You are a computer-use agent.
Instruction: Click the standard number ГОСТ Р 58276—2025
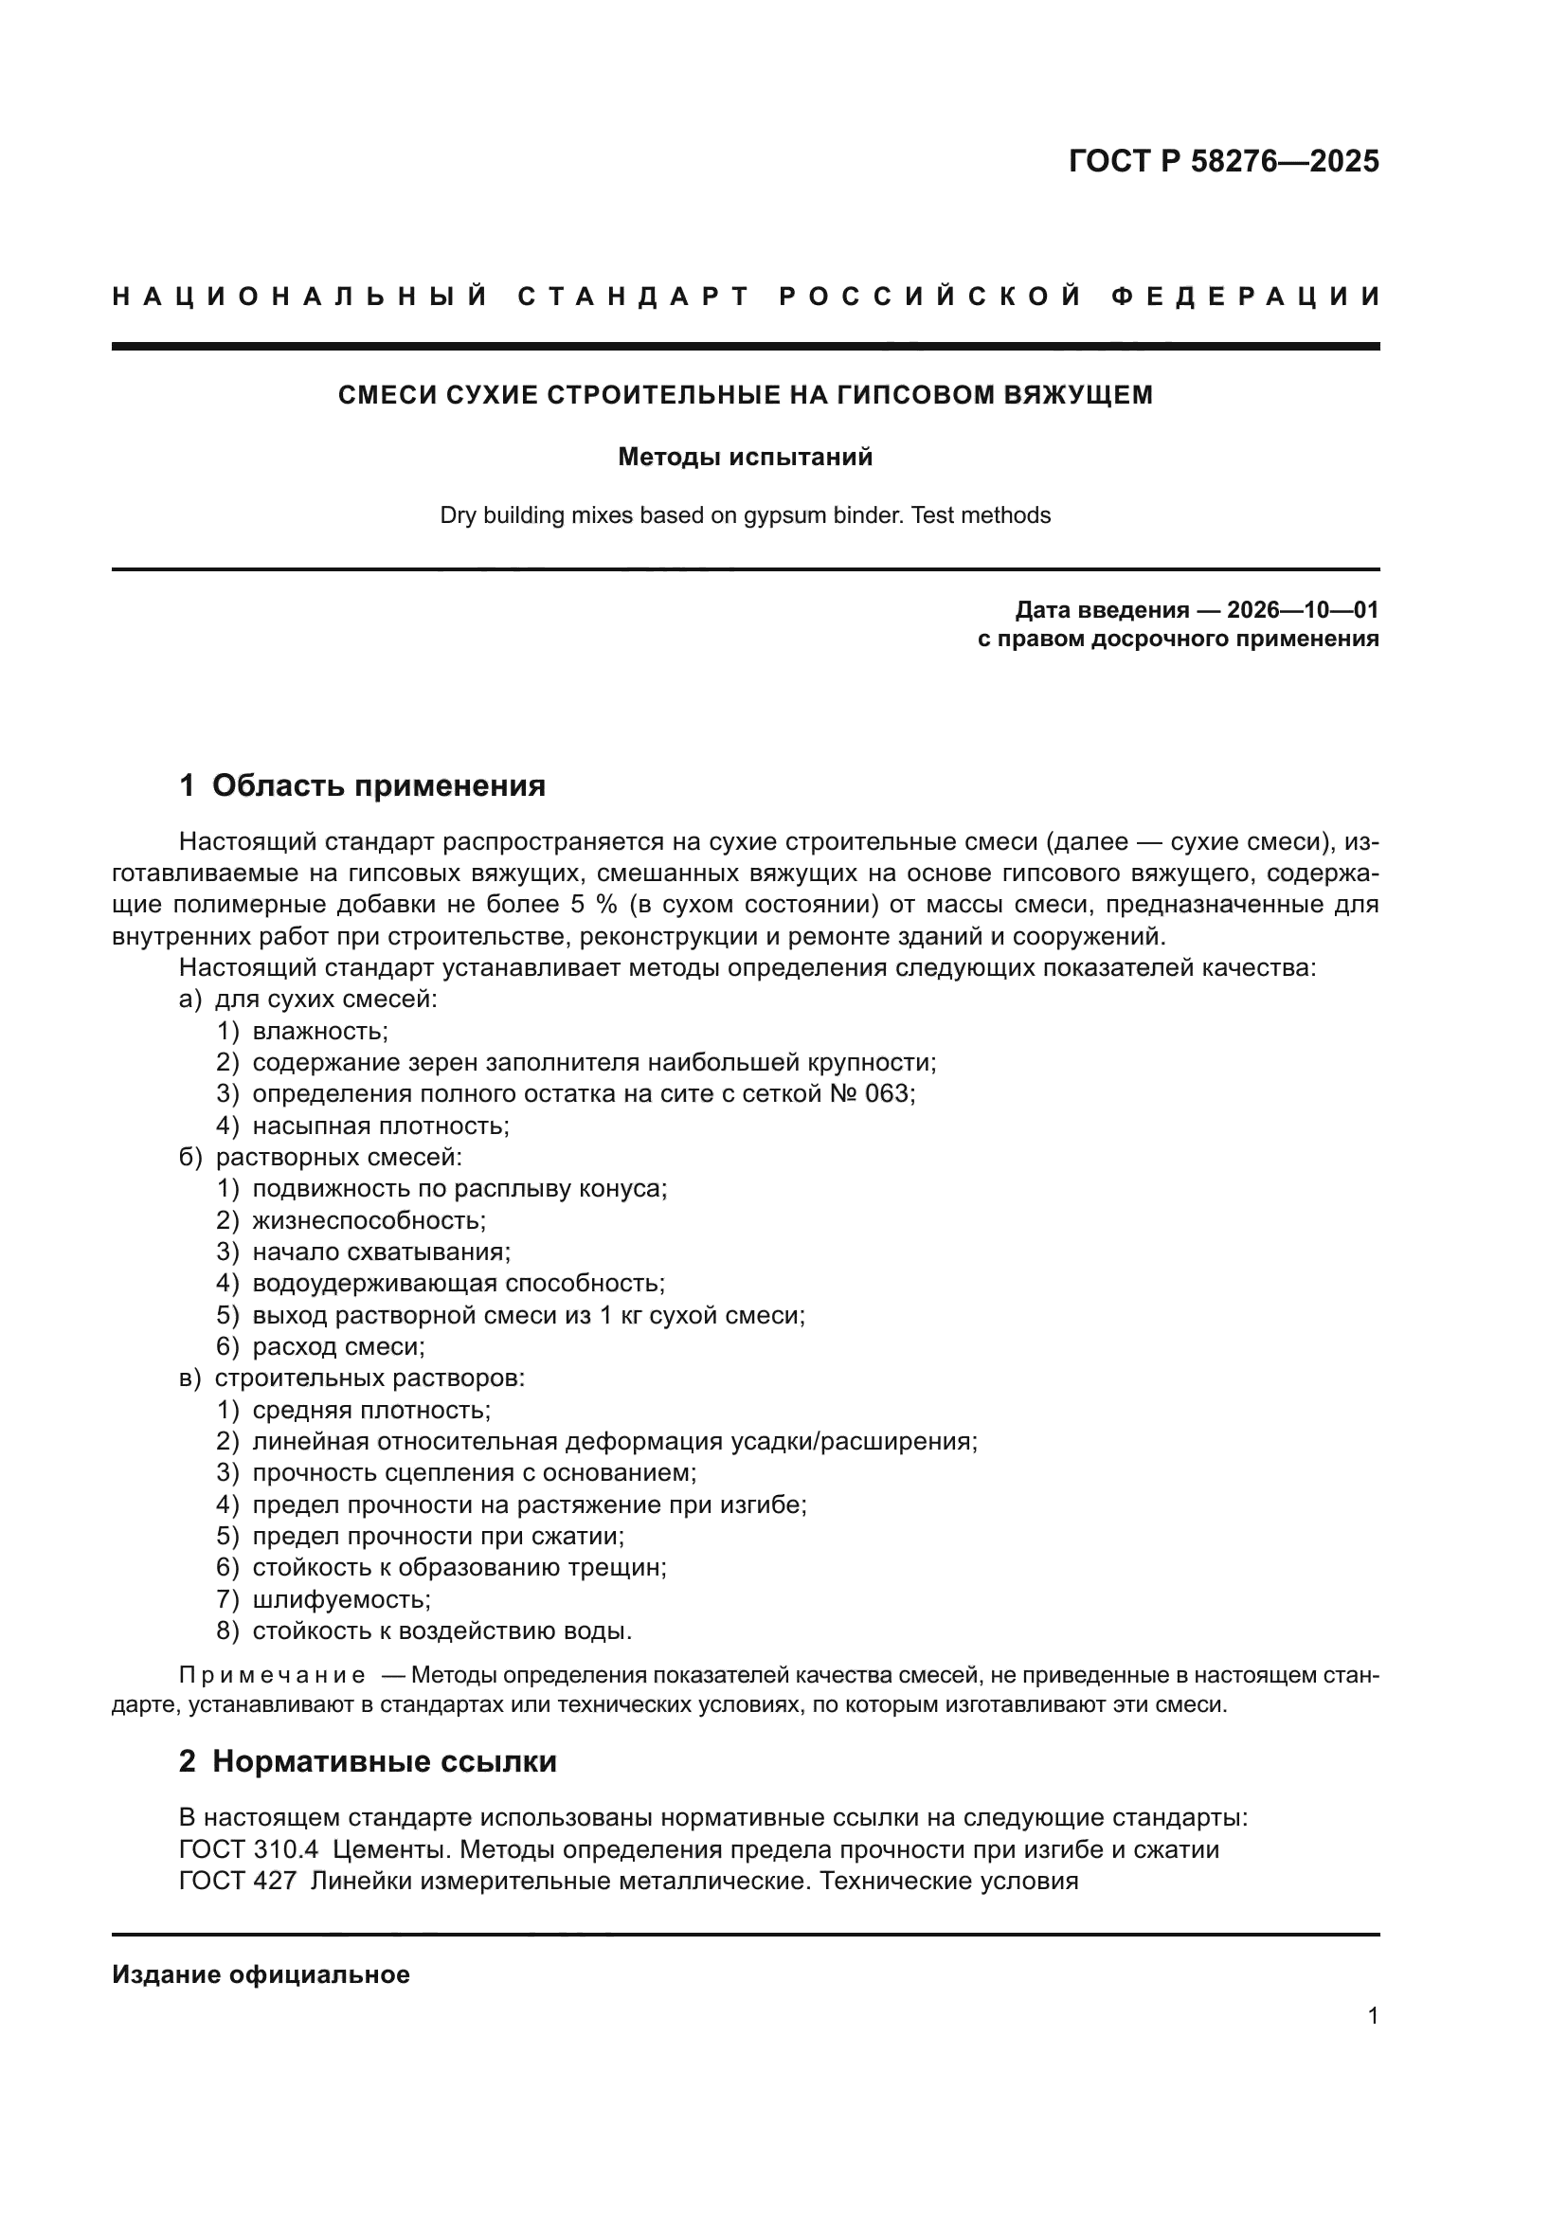(x=1222, y=160)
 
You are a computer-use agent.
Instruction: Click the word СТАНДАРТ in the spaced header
(x=634, y=297)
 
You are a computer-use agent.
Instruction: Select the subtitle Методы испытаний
(x=745, y=457)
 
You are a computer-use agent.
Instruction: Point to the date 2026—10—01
(x=1302, y=610)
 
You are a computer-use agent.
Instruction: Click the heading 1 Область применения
(x=363, y=785)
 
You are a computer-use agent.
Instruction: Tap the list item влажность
(x=319, y=1031)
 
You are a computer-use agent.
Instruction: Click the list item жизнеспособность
(x=369, y=1220)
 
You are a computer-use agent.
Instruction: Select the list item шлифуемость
(x=341, y=1599)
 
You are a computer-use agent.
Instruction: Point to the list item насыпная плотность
(x=380, y=1126)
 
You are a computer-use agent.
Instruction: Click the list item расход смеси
(x=337, y=1346)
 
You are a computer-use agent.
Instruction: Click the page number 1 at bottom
(x=1372, y=2015)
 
